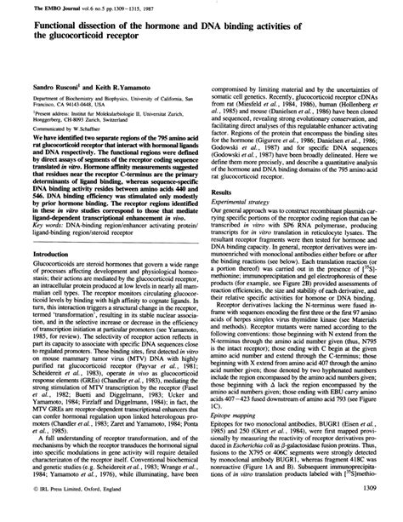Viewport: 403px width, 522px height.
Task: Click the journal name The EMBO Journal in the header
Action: click(39, 7)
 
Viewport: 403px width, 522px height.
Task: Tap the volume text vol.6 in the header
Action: click(77, 7)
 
